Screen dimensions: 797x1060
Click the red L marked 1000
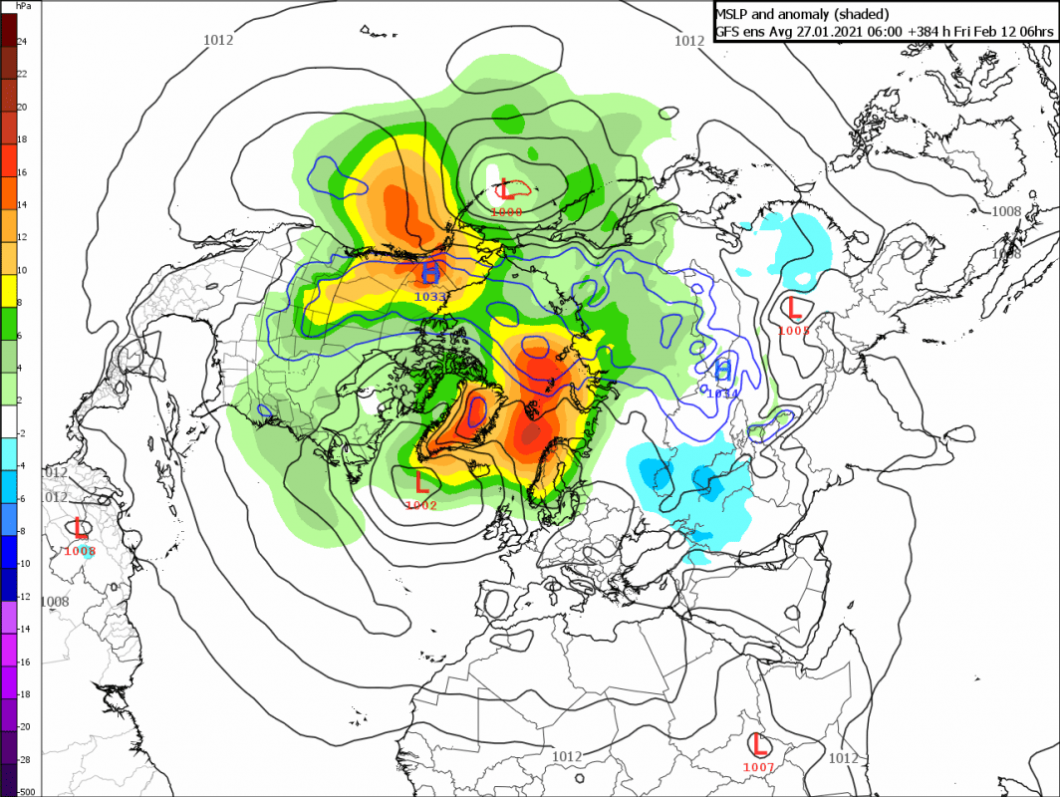(506, 187)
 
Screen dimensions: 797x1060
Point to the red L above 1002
(421, 482)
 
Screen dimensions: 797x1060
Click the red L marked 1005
(795, 308)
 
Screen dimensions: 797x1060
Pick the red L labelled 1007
(759, 744)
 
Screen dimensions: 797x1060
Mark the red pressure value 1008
(80, 550)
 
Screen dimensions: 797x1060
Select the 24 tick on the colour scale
(22, 42)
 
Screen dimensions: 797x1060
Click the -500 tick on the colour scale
(25, 791)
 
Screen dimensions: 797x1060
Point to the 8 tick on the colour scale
(22, 303)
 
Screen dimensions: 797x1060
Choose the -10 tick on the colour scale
(25, 563)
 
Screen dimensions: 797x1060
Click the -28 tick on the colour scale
(25, 759)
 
